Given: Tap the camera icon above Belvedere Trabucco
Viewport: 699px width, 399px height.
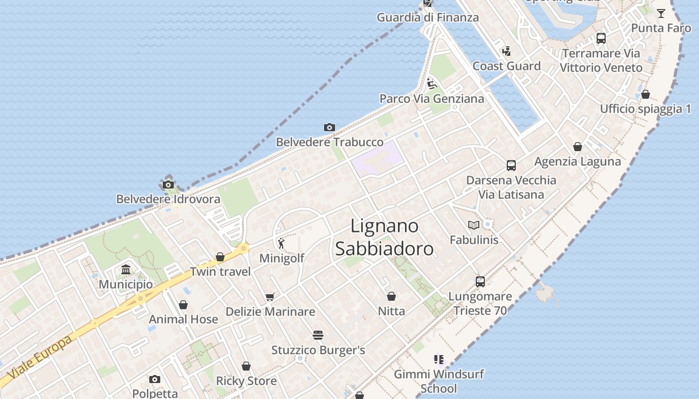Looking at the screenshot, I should pyautogui.click(x=329, y=128).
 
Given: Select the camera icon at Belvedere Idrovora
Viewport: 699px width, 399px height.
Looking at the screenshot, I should pyautogui.click(x=168, y=185).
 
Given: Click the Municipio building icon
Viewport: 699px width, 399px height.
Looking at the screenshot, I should pyautogui.click(x=126, y=270).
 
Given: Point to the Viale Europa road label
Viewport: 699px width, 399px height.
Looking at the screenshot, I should pyautogui.click(x=39, y=358).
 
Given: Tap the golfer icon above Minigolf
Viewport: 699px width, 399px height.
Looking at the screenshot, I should pyautogui.click(x=281, y=243).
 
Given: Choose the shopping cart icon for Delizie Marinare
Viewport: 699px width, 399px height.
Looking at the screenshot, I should pyautogui.click(x=270, y=297).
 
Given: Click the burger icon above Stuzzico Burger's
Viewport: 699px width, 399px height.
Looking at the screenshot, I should pyautogui.click(x=318, y=335).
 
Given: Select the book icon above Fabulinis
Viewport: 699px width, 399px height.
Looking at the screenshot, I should pyautogui.click(x=474, y=225).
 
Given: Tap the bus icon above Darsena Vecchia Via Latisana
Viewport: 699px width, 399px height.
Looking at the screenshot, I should pyautogui.click(x=511, y=165).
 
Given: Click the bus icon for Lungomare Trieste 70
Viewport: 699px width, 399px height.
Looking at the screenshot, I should pyautogui.click(x=480, y=281).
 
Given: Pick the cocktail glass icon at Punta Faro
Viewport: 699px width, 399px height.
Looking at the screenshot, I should pyautogui.click(x=661, y=13).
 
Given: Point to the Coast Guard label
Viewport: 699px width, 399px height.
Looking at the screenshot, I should pyautogui.click(x=506, y=66).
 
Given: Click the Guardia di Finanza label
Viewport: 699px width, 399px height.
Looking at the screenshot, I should pyautogui.click(x=427, y=17).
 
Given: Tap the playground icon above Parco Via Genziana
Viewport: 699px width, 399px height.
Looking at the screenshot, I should pyautogui.click(x=432, y=83).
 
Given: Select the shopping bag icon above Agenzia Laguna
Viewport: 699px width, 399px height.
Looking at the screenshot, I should pyautogui.click(x=578, y=147).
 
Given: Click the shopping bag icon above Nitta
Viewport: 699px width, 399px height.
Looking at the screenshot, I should pyautogui.click(x=391, y=296).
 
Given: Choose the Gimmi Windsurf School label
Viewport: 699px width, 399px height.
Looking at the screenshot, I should pyautogui.click(x=439, y=381).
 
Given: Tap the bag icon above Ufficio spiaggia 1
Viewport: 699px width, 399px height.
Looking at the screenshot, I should pyautogui.click(x=646, y=94).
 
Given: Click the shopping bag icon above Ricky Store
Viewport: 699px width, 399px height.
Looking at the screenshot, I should pyautogui.click(x=246, y=366).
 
